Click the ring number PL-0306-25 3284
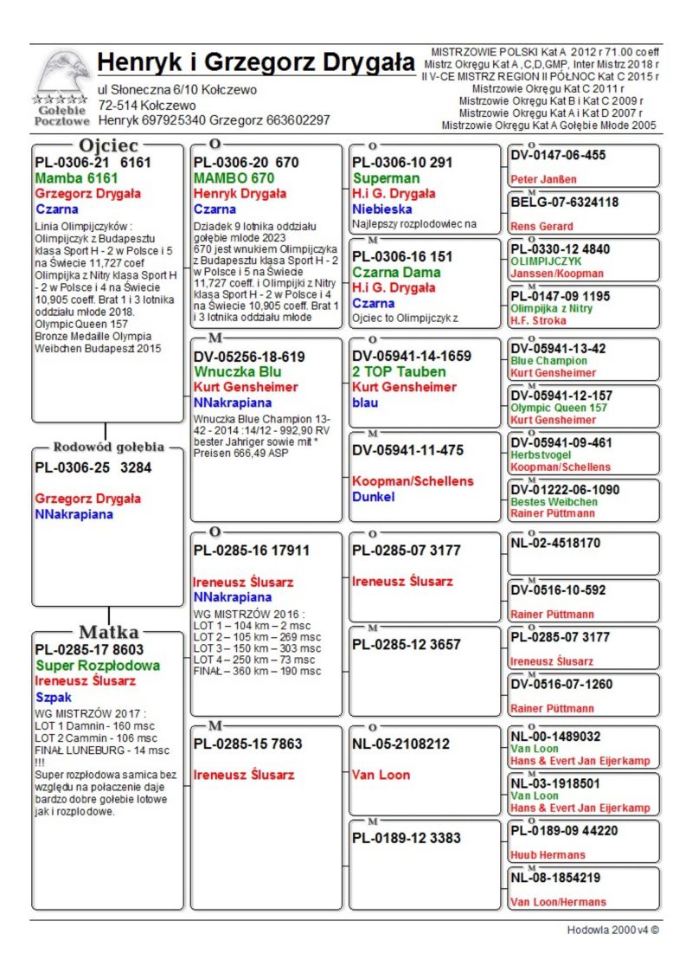tap(93, 468)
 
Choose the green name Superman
tap(386, 178)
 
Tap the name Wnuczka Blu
tap(238, 371)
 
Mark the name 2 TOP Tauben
tap(399, 371)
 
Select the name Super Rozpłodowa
tap(98, 666)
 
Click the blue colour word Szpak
tap(54, 696)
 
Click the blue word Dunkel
tap(374, 497)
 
